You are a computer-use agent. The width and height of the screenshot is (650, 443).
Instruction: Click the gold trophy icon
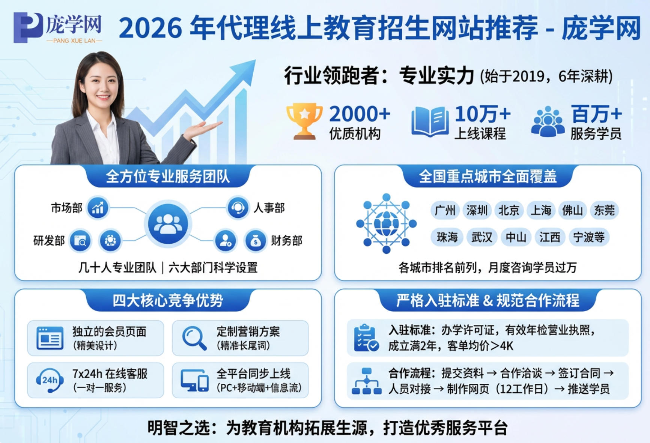pos(304,121)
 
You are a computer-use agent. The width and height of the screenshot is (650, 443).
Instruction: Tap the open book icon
pos(430,121)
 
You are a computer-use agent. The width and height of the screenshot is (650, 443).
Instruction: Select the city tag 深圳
pos(477,210)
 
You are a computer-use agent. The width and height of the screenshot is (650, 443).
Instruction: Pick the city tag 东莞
pos(604,210)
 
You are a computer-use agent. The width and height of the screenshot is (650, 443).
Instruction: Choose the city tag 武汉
pos(481,237)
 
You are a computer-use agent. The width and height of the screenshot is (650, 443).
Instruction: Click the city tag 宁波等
pos(589,237)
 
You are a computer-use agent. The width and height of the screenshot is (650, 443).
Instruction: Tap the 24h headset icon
pos(49,380)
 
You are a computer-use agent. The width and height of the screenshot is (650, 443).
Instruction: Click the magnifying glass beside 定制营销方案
pos(194,338)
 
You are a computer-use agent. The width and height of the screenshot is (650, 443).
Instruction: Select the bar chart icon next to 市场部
pos(98,208)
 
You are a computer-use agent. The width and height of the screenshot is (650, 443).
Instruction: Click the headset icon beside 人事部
pos(238,207)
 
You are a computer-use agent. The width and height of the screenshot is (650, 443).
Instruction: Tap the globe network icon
pos(386,224)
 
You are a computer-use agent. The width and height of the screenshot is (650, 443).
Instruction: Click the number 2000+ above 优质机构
pos(360,114)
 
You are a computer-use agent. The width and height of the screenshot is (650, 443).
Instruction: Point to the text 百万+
pos(596,114)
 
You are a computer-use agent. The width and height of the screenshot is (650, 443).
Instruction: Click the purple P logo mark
pos(28,27)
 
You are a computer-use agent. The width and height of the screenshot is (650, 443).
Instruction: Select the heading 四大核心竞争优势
pos(168,300)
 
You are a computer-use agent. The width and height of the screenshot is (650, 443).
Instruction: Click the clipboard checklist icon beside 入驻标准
pos(366,338)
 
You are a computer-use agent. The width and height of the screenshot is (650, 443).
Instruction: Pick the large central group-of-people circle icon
pos(168,224)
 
